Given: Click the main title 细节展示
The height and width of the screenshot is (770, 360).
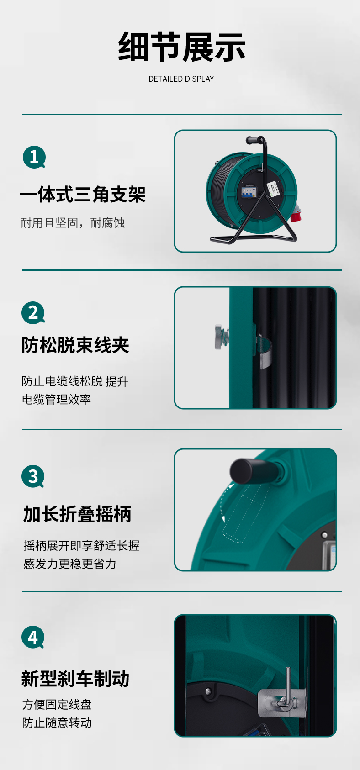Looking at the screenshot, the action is (181, 47).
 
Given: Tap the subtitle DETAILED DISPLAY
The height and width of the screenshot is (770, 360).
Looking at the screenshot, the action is (181, 79).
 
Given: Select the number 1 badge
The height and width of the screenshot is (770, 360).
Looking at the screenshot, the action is (34, 157).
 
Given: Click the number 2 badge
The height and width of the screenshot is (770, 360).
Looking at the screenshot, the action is (33, 313).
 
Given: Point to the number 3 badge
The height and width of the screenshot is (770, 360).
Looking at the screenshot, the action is (33, 476).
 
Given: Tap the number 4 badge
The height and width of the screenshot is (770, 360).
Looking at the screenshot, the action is (33, 637).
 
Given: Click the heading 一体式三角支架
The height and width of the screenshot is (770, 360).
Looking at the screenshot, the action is (83, 194).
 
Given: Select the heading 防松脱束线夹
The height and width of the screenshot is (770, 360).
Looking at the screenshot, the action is (75, 345).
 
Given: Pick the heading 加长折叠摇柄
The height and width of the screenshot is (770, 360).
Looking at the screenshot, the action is (77, 514).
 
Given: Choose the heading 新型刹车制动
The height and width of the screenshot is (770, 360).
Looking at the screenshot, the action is (75, 679).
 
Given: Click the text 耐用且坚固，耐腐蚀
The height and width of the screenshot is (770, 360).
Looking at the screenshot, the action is (72, 223).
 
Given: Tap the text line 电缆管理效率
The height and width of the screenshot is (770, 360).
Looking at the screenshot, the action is (56, 400).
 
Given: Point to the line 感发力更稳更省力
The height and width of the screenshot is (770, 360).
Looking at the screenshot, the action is (70, 564).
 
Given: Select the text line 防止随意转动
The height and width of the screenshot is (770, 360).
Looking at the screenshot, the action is (57, 723).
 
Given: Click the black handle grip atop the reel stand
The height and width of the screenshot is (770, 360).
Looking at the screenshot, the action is (253, 140).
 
